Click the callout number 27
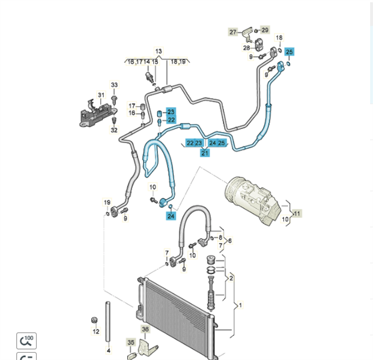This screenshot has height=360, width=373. (233, 32)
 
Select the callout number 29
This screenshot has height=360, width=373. (265, 29)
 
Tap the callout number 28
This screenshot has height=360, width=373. (246, 48)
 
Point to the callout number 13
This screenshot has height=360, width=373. (159, 52)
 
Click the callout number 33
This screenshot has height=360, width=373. (114, 85)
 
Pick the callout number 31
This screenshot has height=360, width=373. (101, 95)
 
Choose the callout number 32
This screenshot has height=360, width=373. (114, 130)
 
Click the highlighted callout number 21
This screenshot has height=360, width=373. (205, 154)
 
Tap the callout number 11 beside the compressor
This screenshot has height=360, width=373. (297, 213)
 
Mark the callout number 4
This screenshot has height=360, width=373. (109, 350)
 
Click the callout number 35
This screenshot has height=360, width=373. (131, 342)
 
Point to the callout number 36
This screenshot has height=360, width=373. (145, 329)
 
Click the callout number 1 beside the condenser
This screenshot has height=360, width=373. (241, 305)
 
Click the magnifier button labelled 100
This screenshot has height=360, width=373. (26, 341)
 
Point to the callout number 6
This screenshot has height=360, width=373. (229, 241)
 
